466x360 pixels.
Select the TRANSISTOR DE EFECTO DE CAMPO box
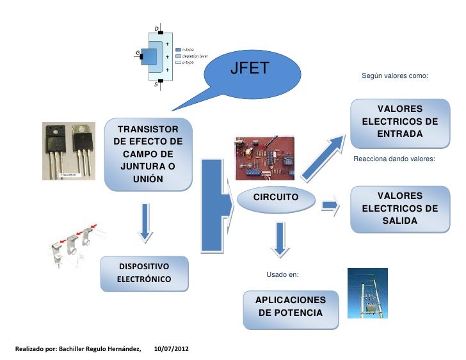pyautogui.click(x=148, y=154)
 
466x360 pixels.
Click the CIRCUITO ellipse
pyautogui.click(x=276, y=198)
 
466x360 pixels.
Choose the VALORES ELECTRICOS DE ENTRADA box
pyautogui.click(x=399, y=121)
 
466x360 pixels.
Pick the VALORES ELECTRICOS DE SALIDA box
pyautogui.click(x=399, y=208)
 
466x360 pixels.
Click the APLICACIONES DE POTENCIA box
pyautogui.click(x=291, y=307)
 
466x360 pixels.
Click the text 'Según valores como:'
pyautogui.click(x=394, y=75)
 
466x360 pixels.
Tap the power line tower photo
pyautogui.click(x=367, y=292)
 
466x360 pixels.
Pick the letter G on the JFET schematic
pyautogui.click(x=137, y=52)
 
